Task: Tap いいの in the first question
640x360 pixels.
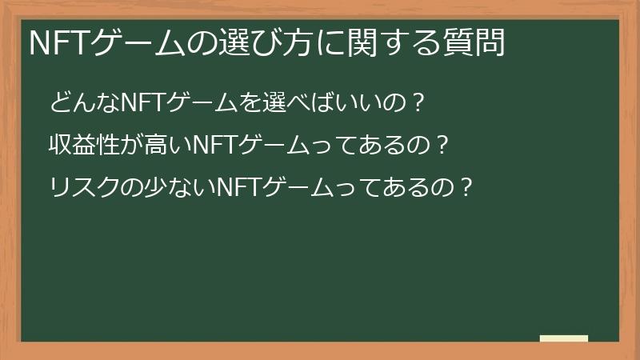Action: coord(365,102)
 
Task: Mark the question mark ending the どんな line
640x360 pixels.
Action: coord(415,102)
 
